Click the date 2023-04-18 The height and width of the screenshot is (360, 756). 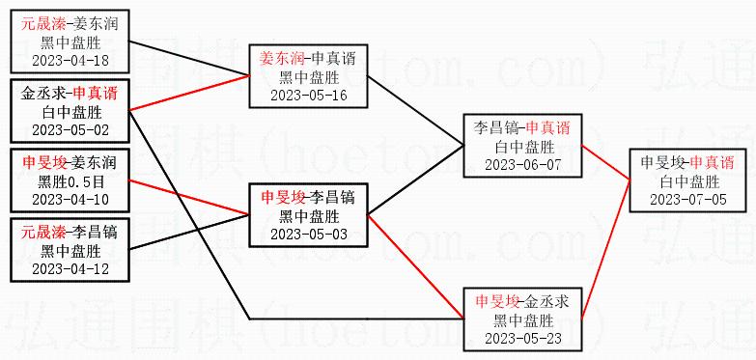(x=70, y=61)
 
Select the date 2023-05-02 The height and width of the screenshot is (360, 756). (x=70, y=130)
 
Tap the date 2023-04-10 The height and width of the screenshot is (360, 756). (x=70, y=200)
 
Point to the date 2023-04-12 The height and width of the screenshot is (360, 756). (x=70, y=269)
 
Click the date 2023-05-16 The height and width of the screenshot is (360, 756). (x=309, y=96)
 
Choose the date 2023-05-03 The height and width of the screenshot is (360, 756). (x=309, y=235)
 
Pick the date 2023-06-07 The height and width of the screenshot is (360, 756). (x=522, y=165)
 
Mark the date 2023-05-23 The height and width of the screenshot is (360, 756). (x=522, y=339)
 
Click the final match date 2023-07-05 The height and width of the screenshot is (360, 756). (x=688, y=200)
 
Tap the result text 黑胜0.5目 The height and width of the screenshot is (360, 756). (x=70, y=182)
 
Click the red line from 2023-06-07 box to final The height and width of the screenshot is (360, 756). (x=605, y=162)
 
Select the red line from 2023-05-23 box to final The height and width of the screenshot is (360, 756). (x=605, y=250)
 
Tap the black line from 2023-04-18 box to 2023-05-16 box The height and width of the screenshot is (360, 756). (x=189, y=59)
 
